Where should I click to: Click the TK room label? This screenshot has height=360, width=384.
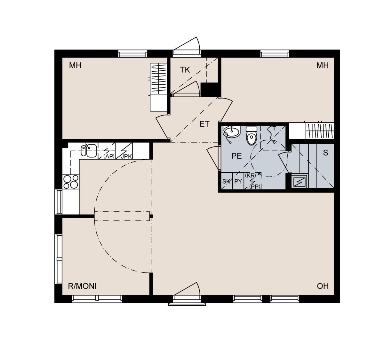185,70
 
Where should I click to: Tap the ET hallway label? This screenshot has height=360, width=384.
204,124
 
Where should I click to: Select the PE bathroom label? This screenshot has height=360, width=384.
236,156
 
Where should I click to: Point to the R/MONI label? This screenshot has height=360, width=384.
82,286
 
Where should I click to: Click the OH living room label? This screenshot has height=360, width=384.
323,286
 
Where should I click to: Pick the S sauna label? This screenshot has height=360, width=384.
326,153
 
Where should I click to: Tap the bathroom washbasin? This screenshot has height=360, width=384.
231,132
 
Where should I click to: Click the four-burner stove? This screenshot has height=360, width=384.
71,182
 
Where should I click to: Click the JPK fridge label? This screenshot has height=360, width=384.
126,156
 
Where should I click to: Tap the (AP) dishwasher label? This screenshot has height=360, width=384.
109,156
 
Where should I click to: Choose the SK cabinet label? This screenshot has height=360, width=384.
226,182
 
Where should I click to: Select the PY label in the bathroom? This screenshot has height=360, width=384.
238,182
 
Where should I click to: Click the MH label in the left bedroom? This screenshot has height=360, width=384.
75,66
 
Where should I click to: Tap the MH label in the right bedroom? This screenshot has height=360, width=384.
323,66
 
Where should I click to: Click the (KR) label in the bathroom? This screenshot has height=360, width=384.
250,176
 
